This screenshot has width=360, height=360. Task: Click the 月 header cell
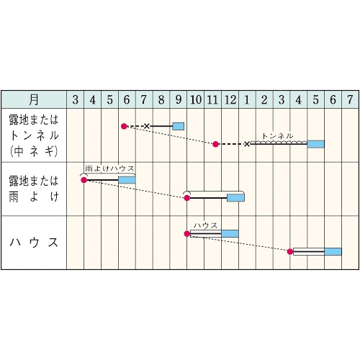click(x=34, y=99)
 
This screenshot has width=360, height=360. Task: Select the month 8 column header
click(x=161, y=99)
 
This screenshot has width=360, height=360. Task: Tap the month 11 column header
click(x=212, y=99)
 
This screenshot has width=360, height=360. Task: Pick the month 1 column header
click(x=247, y=99)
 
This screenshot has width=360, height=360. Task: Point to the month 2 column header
click(x=264, y=99)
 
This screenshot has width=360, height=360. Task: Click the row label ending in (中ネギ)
click(x=34, y=135)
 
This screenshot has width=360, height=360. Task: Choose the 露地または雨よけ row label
click(x=34, y=189)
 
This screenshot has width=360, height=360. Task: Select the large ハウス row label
click(x=34, y=243)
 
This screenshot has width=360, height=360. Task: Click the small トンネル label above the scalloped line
click(x=277, y=136)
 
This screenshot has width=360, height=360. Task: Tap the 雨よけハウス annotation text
click(x=109, y=168)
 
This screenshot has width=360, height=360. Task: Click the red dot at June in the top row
click(x=124, y=126)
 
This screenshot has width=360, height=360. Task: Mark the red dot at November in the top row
click(x=215, y=144)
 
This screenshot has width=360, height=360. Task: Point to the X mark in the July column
click(x=147, y=126)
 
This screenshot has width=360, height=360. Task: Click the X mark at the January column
click(x=247, y=144)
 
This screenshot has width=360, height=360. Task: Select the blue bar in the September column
click(x=179, y=126)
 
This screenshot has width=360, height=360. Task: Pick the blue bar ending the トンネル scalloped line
click(x=315, y=144)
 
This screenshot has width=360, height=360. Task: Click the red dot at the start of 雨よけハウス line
click(x=84, y=180)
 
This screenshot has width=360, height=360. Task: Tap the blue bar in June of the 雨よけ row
click(x=127, y=180)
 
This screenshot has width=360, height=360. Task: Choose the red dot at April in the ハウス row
click(x=290, y=251)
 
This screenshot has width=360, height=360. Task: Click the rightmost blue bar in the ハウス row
click(x=333, y=251)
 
